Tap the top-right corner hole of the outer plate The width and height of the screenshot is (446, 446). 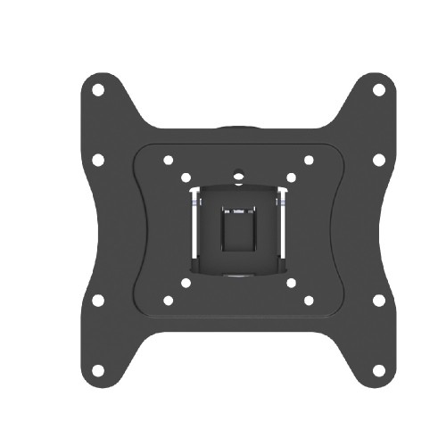click(378, 90)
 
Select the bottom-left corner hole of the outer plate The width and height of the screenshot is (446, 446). click(98, 369)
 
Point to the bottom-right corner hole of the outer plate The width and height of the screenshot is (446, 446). click(378, 369)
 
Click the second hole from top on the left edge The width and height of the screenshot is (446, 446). click(98, 160)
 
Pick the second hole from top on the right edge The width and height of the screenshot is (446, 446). click(378, 160)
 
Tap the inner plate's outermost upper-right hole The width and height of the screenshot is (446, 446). click(308, 161)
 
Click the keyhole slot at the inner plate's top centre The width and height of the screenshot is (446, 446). click(238, 175)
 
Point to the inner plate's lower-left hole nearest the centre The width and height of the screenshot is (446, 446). click(186, 283)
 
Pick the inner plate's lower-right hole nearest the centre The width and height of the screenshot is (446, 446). click(291, 283)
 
